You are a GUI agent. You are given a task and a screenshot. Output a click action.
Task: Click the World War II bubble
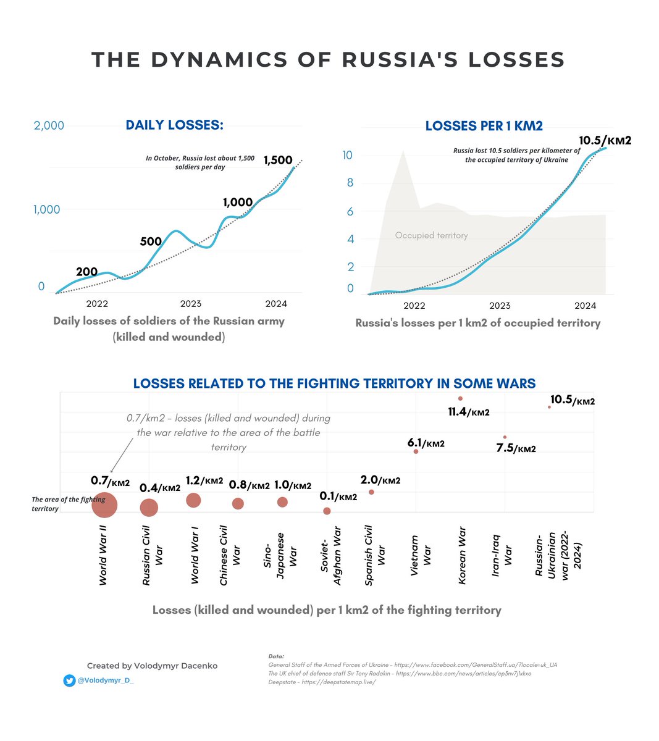pos(104,506)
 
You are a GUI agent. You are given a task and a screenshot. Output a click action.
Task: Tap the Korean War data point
pos(460,398)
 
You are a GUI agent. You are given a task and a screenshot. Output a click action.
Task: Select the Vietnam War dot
pos(416,451)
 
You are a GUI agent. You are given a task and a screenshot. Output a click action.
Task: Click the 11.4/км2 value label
pos(468,411)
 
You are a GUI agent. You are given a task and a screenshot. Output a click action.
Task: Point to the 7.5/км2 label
pos(516,448)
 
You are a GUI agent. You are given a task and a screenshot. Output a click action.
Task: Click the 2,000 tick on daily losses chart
pos(49,125)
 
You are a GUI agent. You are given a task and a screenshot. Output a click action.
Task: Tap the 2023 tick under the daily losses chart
pos(191,303)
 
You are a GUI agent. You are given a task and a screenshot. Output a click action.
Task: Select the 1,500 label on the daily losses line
pos(278,160)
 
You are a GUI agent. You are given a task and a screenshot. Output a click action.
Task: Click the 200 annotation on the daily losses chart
pos(86,272)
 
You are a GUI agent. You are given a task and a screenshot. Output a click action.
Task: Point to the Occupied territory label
pos(431,235)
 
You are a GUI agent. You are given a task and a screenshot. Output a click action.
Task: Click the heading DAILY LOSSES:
pos(174,125)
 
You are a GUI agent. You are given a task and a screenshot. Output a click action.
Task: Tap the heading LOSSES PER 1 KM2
pos(484,126)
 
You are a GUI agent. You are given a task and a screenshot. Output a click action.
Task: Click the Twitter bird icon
pos(69,680)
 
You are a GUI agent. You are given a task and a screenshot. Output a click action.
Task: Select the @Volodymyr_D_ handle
pos(105,680)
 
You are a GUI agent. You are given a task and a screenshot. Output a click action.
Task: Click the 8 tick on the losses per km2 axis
pos(350,183)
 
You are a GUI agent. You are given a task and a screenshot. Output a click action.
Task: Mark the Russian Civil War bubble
pos(149,508)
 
